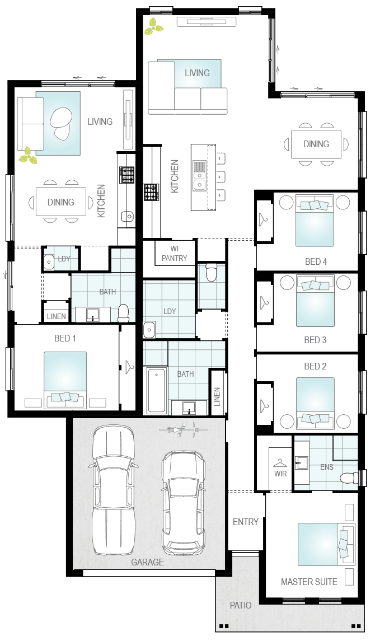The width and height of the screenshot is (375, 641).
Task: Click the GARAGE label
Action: [x=147, y=562]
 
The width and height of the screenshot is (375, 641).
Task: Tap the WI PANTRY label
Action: [x=174, y=254]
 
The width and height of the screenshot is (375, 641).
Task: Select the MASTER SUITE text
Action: [x=309, y=582]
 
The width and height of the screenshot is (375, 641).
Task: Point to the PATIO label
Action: [x=241, y=605]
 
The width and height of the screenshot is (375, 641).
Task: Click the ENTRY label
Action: [x=246, y=522]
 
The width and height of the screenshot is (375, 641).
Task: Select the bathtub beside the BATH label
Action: [x=157, y=390]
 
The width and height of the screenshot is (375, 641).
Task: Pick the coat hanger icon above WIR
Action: [x=280, y=463]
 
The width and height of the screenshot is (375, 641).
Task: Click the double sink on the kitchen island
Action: [x=199, y=176]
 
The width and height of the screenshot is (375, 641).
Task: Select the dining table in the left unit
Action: [x=61, y=202]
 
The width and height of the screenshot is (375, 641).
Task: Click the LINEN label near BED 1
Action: [x=56, y=316]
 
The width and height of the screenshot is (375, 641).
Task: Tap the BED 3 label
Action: [x=315, y=340]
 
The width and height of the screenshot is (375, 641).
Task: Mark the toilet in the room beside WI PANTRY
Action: [x=211, y=272]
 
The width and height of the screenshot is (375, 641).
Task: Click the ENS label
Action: [x=327, y=466]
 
